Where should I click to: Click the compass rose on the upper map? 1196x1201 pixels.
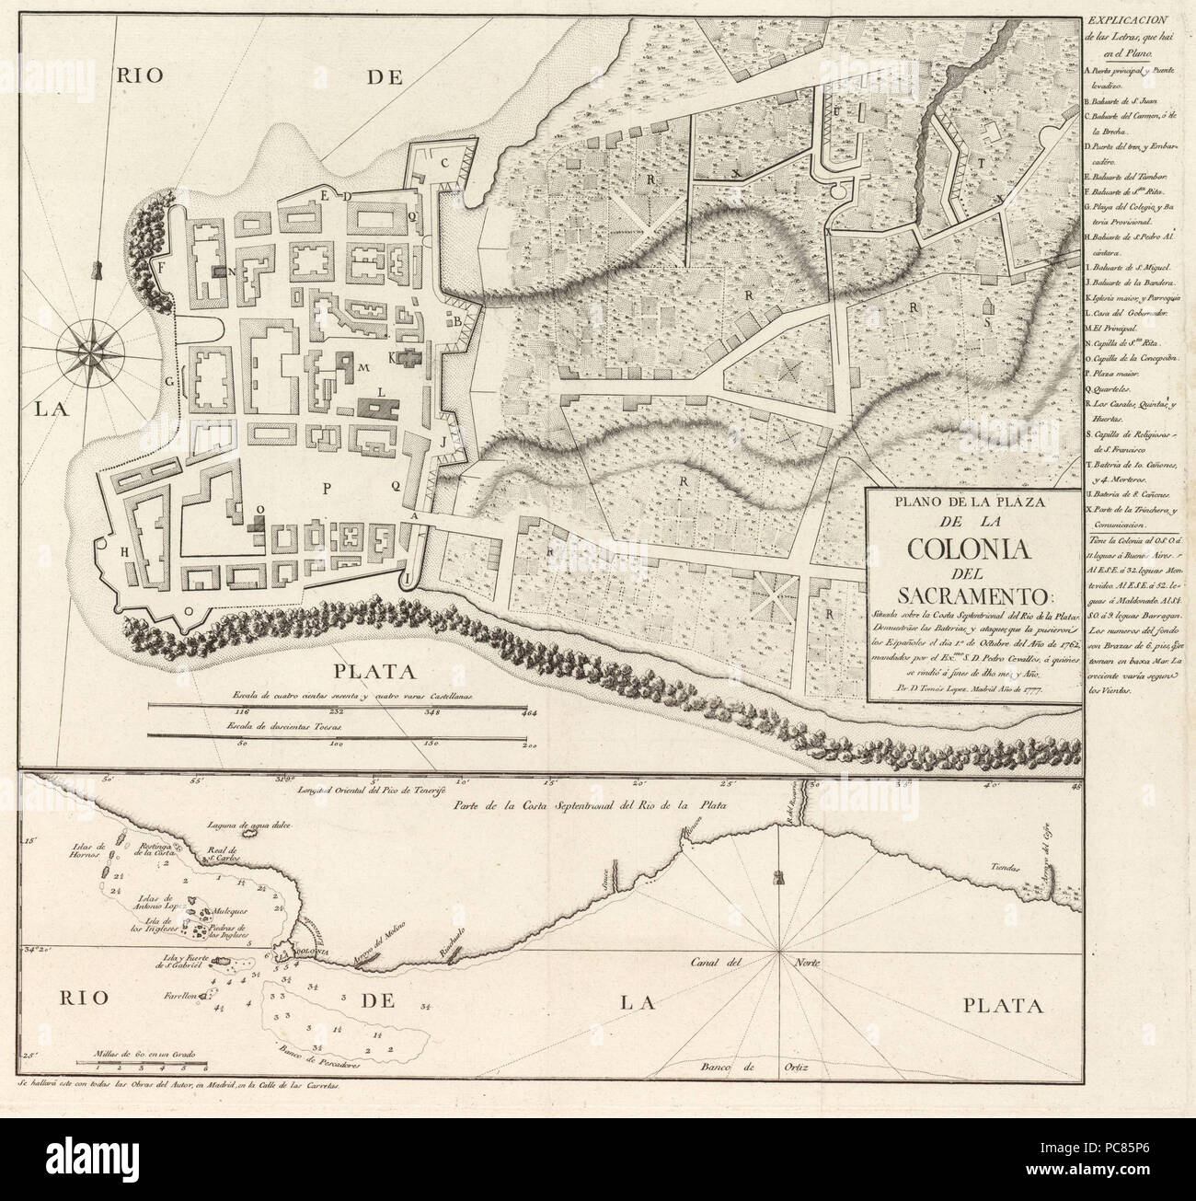(89, 349)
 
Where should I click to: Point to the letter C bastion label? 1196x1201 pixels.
(443, 164)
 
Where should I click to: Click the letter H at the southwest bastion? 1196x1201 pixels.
(124, 550)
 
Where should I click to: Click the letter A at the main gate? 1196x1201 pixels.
(416, 518)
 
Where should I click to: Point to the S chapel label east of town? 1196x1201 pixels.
(987, 322)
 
